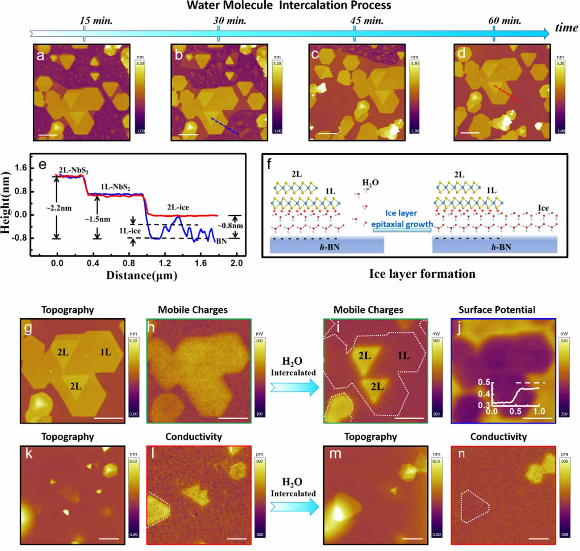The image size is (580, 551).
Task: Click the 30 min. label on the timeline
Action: point(229,21)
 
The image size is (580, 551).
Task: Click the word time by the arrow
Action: point(566,28)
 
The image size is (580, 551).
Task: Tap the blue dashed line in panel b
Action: point(225,126)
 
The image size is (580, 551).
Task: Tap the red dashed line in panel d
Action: point(508,94)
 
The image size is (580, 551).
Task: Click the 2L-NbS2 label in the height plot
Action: point(74,170)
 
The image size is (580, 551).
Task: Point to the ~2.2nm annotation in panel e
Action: point(58,208)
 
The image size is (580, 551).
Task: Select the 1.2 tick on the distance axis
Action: point(165,263)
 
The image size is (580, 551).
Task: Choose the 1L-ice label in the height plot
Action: point(130,231)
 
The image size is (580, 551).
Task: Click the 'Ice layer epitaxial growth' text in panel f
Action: point(402,219)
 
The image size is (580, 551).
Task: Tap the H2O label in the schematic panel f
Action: point(370,183)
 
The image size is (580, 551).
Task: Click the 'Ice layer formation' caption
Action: point(422,274)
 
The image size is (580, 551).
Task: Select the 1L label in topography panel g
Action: point(105,352)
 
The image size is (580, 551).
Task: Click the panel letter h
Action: point(151,327)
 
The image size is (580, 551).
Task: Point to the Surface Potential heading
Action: point(497,310)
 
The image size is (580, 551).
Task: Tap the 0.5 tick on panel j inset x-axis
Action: point(515,411)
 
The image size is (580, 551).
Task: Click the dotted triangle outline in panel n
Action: point(475,506)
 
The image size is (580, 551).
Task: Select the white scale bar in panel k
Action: point(108,539)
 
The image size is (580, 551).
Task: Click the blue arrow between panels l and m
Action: point(294,507)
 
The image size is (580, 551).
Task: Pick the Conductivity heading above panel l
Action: point(194,437)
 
